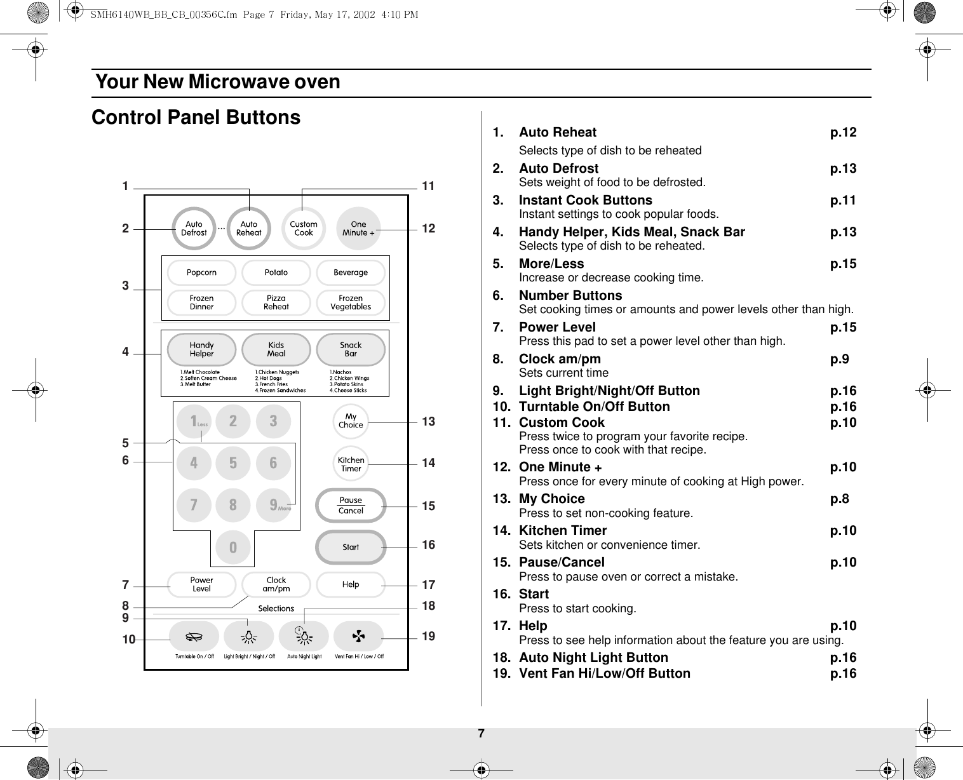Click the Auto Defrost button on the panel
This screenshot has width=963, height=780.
(x=194, y=229)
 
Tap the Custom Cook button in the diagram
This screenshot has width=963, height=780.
(x=304, y=229)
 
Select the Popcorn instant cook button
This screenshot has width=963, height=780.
(x=201, y=272)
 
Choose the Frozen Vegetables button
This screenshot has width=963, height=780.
(x=351, y=302)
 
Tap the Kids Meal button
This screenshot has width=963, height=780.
(x=276, y=349)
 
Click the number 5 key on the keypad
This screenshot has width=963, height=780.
(x=233, y=463)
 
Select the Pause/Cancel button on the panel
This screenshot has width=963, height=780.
(x=351, y=505)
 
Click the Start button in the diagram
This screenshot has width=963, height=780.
(x=351, y=547)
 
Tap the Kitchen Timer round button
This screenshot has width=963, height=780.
(x=351, y=464)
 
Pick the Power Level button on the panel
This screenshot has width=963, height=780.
(x=201, y=584)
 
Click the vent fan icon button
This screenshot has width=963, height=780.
(x=359, y=636)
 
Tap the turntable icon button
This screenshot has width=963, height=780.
(x=194, y=636)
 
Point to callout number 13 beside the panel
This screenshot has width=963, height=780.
(x=429, y=421)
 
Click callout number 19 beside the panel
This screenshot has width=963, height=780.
(x=429, y=636)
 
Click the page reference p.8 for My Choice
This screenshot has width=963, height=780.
(x=840, y=499)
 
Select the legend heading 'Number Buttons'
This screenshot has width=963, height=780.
(x=570, y=295)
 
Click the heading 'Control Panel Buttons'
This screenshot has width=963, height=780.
(x=196, y=118)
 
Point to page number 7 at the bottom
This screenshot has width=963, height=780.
(x=481, y=734)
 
